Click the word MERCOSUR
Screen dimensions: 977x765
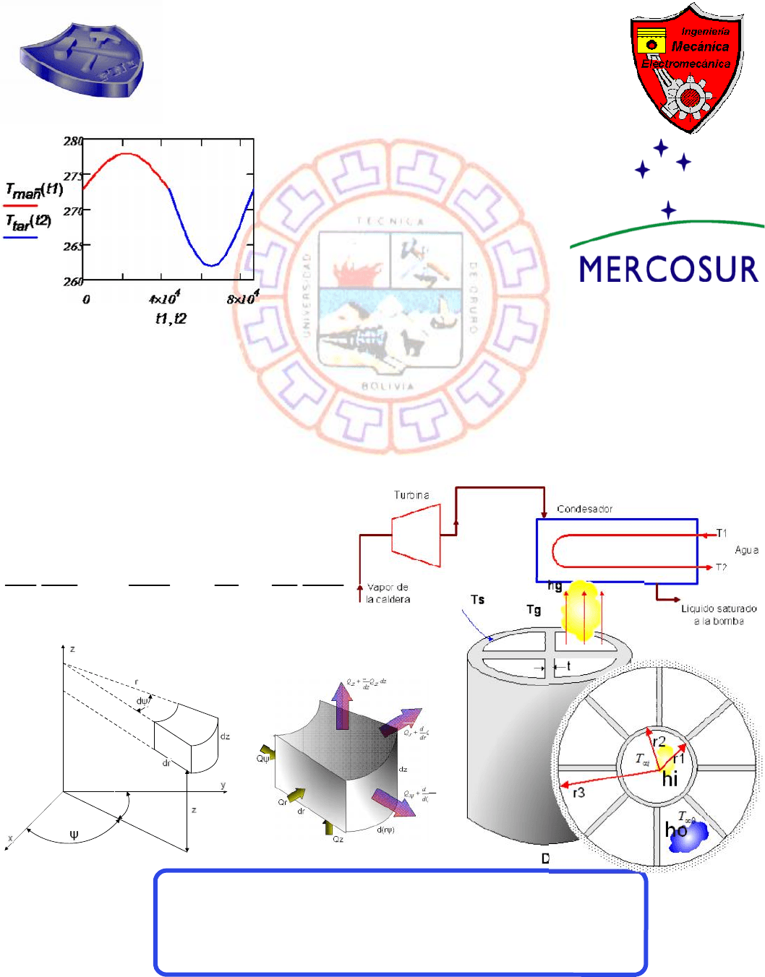coord(668,270)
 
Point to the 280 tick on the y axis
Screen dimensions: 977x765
coord(73,141)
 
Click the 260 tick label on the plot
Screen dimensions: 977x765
coord(73,281)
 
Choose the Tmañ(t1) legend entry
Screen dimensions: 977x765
coord(33,191)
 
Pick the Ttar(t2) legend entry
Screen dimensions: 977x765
coord(28,223)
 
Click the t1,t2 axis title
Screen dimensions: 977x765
coord(171,319)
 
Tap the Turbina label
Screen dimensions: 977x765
coord(411,495)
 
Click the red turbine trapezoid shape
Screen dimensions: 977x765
coord(416,535)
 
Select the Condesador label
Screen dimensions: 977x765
coord(584,509)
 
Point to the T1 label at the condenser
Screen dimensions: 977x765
coord(722,533)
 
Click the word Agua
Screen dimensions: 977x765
coord(746,550)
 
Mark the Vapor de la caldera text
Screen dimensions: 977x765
coord(388,593)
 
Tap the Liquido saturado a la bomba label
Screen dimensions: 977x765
coord(719,614)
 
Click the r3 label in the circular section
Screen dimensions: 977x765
coord(578,793)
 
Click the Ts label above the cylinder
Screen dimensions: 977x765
coord(477,600)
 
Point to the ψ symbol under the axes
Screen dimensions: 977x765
coord(74,835)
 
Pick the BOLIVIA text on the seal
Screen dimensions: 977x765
coord(388,387)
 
